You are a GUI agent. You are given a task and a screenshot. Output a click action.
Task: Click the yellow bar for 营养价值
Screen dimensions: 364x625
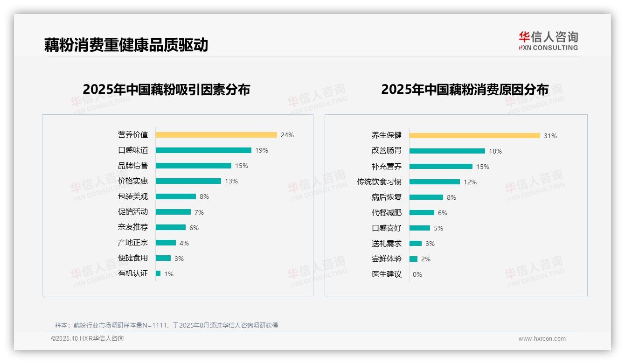pyautogui.click(x=216, y=135)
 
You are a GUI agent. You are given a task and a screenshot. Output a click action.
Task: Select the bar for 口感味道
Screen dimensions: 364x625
pyautogui.click(x=203, y=150)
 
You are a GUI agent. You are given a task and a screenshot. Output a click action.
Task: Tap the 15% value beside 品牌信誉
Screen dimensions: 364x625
pyautogui.click(x=242, y=166)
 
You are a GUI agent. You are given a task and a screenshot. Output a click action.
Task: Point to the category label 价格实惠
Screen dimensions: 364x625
pyautogui.click(x=133, y=181)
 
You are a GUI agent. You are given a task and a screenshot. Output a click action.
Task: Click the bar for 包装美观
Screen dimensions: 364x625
pyautogui.click(x=176, y=196)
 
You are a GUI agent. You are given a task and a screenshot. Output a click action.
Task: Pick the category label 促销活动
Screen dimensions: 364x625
pyautogui.click(x=133, y=211)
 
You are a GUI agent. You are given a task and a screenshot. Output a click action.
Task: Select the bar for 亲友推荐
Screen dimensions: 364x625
pyautogui.click(x=171, y=227)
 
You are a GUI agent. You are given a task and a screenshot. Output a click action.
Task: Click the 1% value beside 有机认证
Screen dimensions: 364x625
pyautogui.click(x=168, y=274)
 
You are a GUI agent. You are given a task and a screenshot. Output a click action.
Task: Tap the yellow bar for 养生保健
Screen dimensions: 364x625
pyautogui.click(x=475, y=136)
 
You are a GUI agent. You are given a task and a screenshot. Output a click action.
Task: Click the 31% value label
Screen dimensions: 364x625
pyautogui.click(x=550, y=136)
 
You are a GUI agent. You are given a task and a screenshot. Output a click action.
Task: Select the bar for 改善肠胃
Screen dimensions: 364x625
pyautogui.click(x=447, y=151)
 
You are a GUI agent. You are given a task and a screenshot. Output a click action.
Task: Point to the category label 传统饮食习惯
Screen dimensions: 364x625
pyautogui.click(x=379, y=182)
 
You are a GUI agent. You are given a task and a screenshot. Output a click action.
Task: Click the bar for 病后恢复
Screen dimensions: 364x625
pyautogui.click(x=426, y=197)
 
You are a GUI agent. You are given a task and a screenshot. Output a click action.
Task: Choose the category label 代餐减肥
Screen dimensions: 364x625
pyautogui.click(x=387, y=212)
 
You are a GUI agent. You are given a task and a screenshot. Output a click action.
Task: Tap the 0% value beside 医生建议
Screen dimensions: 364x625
pyautogui.click(x=417, y=274)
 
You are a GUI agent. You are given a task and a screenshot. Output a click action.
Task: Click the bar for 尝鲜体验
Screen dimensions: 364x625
pyautogui.click(x=414, y=259)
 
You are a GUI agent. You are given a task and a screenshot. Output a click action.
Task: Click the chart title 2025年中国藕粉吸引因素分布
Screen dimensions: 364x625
pyautogui.click(x=167, y=89)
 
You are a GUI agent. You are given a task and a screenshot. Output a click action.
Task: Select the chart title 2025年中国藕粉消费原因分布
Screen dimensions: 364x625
pyautogui.click(x=465, y=89)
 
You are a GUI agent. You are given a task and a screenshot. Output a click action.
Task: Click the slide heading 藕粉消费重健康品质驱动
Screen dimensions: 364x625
pyautogui.click(x=126, y=45)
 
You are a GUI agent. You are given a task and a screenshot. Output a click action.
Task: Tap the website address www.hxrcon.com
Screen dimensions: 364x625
pyautogui.click(x=542, y=339)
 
